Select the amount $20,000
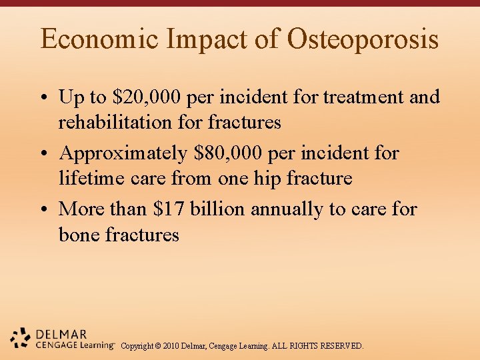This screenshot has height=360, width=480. [x=147, y=97]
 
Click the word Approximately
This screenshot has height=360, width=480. [x=124, y=154]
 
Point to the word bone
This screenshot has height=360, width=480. [x=81, y=235]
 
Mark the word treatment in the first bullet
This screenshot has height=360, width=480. [x=364, y=97]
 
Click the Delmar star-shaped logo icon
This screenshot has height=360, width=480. [x=21, y=337]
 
